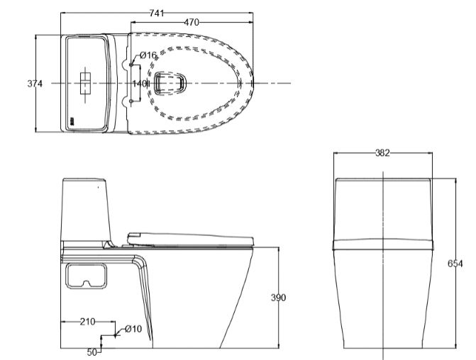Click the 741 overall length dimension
[157, 13]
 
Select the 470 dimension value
[192, 22]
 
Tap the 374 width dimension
[35, 84]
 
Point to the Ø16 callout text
[148, 55]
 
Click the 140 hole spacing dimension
[139, 84]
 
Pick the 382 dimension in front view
[382, 153]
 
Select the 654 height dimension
[455, 264]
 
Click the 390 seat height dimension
[278, 298]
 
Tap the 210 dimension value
[88, 322]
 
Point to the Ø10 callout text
[133, 329]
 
